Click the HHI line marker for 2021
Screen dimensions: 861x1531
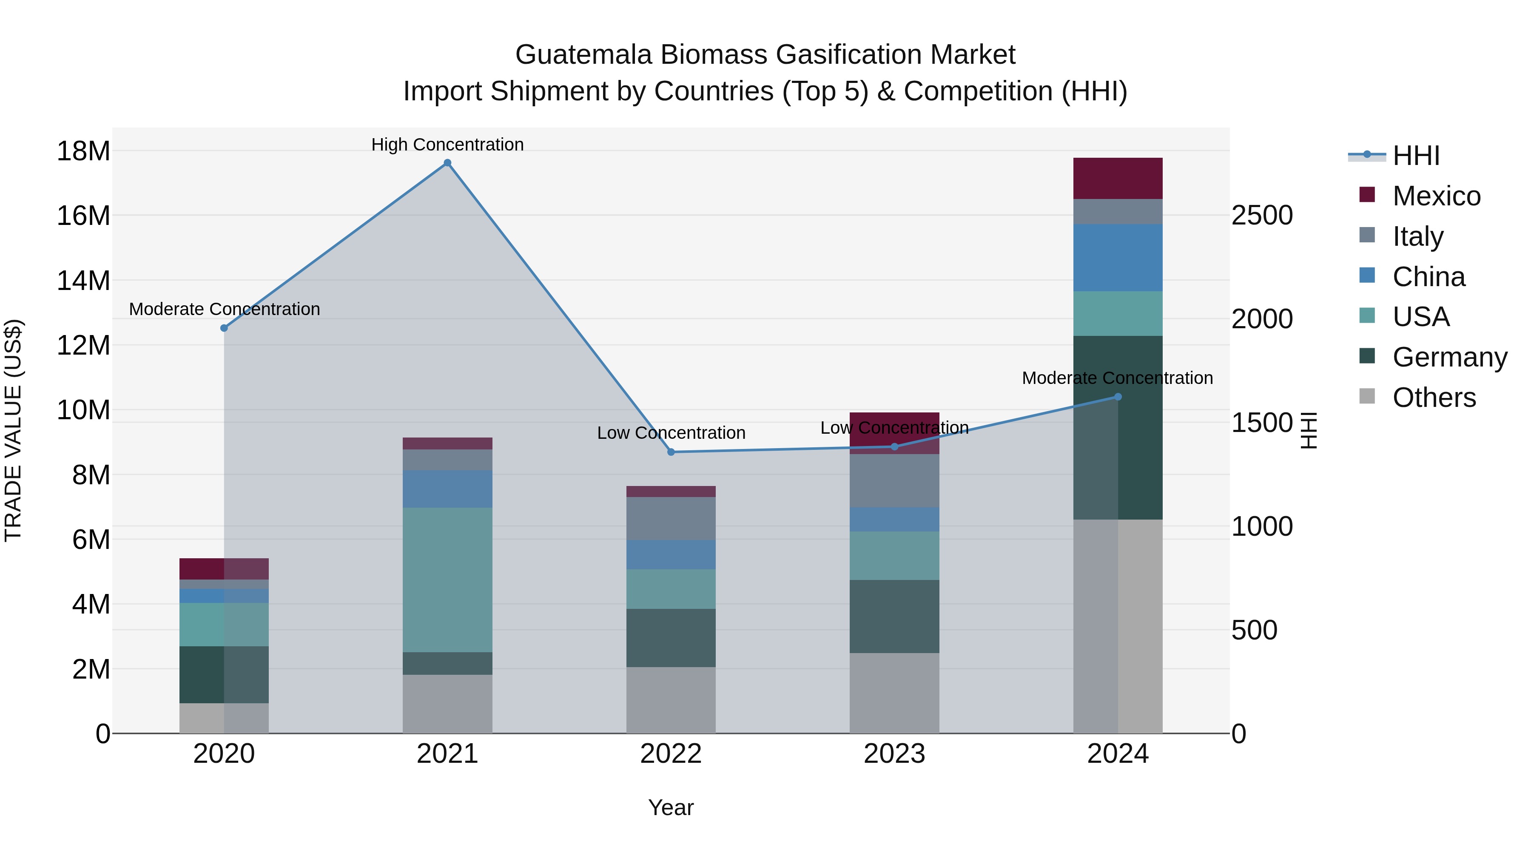click(x=447, y=163)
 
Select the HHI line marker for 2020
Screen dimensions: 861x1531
click(x=224, y=328)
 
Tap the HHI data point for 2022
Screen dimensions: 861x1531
click(x=671, y=452)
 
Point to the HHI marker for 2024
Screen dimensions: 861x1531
click(x=1118, y=397)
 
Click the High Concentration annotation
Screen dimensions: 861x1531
click(x=447, y=145)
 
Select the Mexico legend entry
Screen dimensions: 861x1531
click(x=1436, y=196)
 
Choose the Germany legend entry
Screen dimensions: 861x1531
click(x=1449, y=357)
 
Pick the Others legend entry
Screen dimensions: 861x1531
click(x=1434, y=398)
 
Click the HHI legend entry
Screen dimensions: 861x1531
click(x=1416, y=156)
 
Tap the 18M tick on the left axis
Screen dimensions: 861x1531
click(x=83, y=151)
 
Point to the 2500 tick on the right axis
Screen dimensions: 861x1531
click(x=1262, y=215)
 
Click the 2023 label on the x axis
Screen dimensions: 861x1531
click(x=894, y=754)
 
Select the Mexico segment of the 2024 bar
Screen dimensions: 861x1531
click(x=1118, y=178)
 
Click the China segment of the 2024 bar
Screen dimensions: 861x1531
click(x=1118, y=258)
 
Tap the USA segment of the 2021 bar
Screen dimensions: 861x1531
click(x=447, y=580)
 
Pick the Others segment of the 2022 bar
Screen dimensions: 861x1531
click(x=671, y=700)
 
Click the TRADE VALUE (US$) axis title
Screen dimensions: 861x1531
click(x=14, y=430)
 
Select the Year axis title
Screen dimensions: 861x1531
click(x=671, y=807)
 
